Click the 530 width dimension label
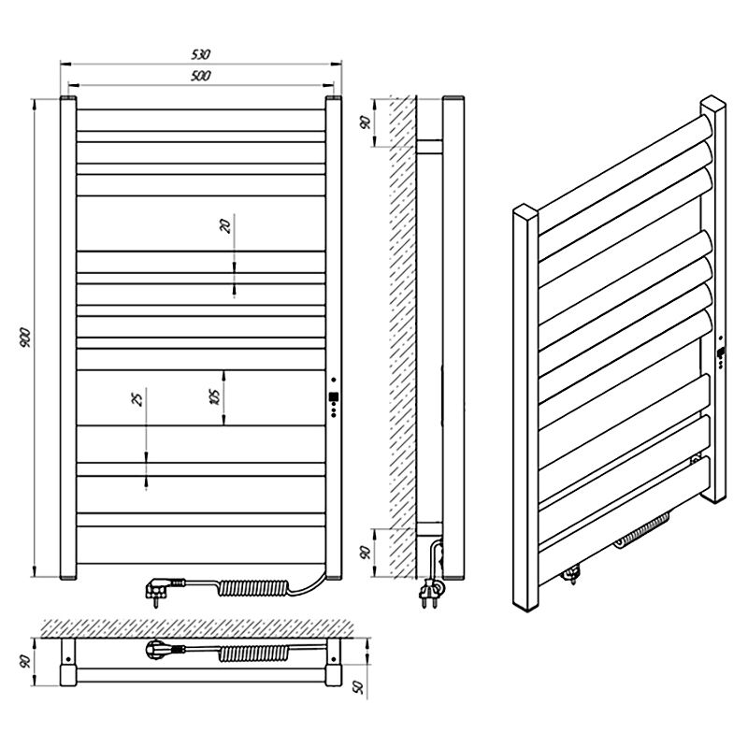click(x=201, y=54)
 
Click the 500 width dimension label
click(x=201, y=76)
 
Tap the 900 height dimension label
click(x=25, y=338)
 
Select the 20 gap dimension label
click(x=225, y=225)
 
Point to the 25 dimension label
click(x=137, y=399)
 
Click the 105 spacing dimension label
click(x=215, y=396)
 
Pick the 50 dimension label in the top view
click(x=359, y=686)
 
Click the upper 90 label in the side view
click(x=366, y=122)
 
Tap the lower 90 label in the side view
click(x=366, y=553)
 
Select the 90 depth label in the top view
click(x=25, y=661)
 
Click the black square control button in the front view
click(x=334, y=396)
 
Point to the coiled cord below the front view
click(x=253, y=588)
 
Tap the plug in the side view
click(x=429, y=593)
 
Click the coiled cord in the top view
click(x=253, y=653)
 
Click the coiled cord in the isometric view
click(x=642, y=528)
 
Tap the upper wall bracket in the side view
click(x=429, y=147)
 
